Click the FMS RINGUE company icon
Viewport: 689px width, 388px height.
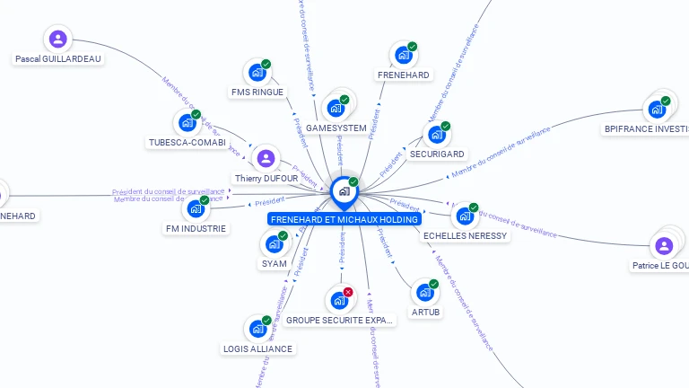click(x=257, y=72)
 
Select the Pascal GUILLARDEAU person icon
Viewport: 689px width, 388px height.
click(x=58, y=39)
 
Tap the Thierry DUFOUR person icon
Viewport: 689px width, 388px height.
click(x=266, y=159)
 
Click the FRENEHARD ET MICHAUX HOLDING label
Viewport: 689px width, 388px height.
click(x=344, y=219)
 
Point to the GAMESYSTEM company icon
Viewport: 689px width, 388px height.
click(x=336, y=108)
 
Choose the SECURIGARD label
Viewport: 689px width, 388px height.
click(x=437, y=154)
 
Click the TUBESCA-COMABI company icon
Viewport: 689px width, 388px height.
click(x=188, y=122)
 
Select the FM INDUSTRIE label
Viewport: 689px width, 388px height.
click(x=196, y=229)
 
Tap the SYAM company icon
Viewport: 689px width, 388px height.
click(x=275, y=243)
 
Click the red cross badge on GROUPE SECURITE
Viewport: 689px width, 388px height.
click(x=348, y=292)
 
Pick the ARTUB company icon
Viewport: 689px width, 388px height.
click(x=425, y=292)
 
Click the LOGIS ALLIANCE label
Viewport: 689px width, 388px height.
click(x=257, y=348)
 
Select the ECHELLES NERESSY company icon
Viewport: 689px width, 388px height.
click(x=465, y=216)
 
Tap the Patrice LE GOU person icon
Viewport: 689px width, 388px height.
click(x=664, y=245)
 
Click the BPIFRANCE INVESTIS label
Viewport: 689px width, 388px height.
click(x=646, y=129)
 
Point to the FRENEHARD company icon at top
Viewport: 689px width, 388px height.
click(x=404, y=55)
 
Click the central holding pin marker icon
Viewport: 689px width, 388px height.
click(x=344, y=190)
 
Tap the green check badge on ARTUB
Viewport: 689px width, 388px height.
click(x=434, y=284)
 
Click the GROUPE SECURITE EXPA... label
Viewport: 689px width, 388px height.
click(x=340, y=320)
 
